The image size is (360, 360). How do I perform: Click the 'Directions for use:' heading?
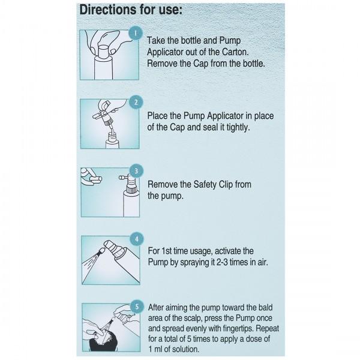[x=131, y=10]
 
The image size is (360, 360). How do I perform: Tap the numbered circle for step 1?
[x=136, y=33]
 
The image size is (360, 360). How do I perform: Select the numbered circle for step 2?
[x=136, y=103]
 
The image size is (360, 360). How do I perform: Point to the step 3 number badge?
[x=136, y=171]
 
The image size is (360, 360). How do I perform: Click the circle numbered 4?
[x=137, y=239]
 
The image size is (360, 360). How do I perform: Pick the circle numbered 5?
[x=137, y=307]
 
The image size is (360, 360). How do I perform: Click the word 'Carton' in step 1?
[x=235, y=52]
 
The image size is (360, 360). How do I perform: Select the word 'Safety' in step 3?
[x=205, y=185]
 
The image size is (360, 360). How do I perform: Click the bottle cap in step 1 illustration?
[x=104, y=52]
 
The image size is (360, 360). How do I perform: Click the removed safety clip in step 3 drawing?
[x=96, y=179]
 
